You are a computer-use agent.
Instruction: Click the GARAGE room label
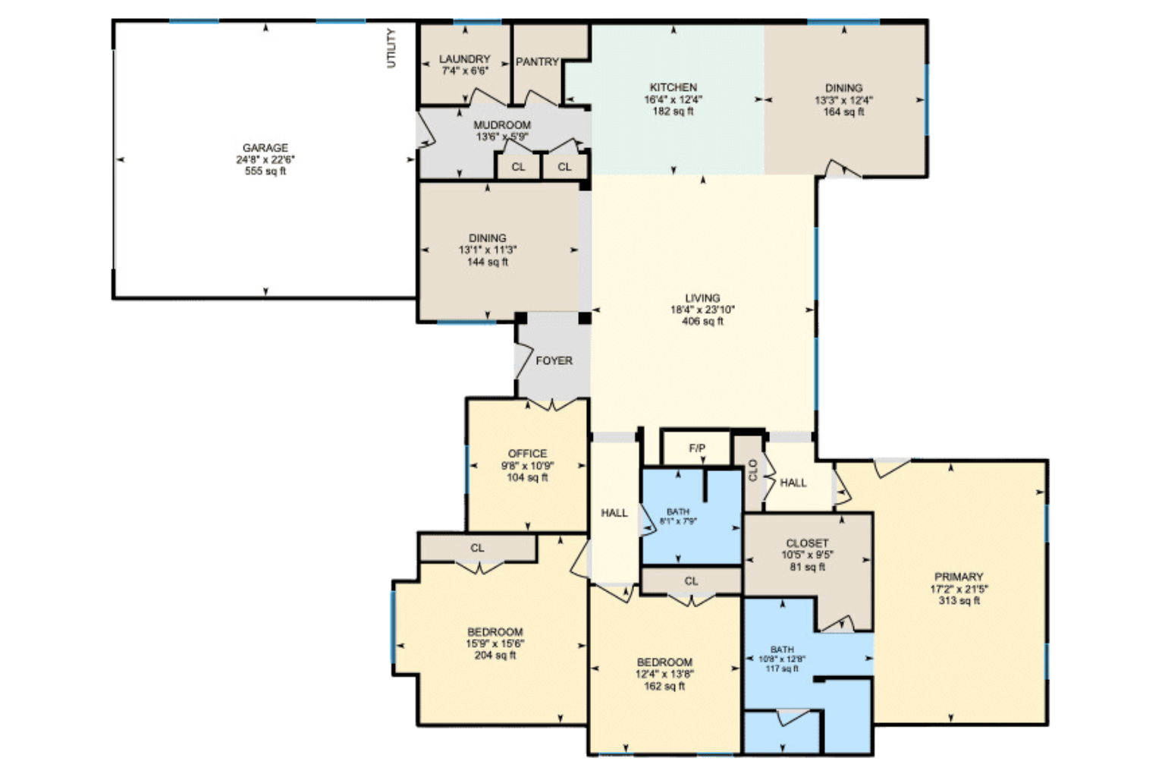point(265,148)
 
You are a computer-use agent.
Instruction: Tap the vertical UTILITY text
point(391,49)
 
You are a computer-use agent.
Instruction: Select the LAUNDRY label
point(464,59)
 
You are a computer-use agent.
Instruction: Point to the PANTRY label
point(537,61)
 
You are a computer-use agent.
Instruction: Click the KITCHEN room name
point(674,87)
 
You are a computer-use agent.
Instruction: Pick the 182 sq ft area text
point(674,111)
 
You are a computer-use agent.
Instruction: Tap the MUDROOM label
point(502,125)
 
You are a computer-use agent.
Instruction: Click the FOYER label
point(554,360)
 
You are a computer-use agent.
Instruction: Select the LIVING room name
point(702,298)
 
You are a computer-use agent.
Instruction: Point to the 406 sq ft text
point(702,321)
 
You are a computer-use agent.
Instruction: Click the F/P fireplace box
point(696,448)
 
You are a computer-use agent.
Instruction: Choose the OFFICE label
point(527,454)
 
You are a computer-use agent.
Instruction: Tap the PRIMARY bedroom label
point(959,577)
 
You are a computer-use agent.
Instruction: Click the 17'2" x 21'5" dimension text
point(959,589)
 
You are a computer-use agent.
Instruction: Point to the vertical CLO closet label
point(752,470)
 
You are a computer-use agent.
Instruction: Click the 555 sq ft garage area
point(265,171)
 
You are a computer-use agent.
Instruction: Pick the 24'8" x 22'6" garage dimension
point(265,159)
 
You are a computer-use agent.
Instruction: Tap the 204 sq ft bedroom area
point(495,656)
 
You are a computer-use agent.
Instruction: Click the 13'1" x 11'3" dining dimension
point(488,250)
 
